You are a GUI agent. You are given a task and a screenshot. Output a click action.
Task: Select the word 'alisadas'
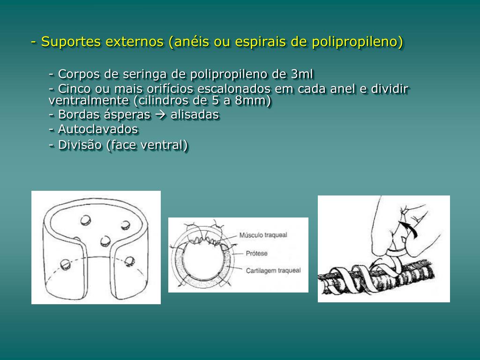[x=195, y=114]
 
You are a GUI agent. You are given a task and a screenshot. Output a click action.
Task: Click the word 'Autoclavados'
[x=98, y=129]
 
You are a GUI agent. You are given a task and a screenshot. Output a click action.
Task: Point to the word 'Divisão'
[x=80, y=145]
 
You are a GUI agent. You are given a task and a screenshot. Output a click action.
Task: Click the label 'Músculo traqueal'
[x=263, y=235]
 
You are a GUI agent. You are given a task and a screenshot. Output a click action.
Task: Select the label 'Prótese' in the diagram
[x=256, y=254]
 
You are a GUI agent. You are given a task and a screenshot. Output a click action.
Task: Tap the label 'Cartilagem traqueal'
[x=273, y=270]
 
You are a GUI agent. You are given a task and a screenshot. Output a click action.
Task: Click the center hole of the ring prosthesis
[x=105, y=241]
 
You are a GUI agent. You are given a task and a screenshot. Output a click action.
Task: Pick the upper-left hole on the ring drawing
[x=85, y=220]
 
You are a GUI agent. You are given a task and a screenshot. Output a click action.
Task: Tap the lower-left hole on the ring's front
[x=65, y=264]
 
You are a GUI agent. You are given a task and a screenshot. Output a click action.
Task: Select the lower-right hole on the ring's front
[x=129, y=261]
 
